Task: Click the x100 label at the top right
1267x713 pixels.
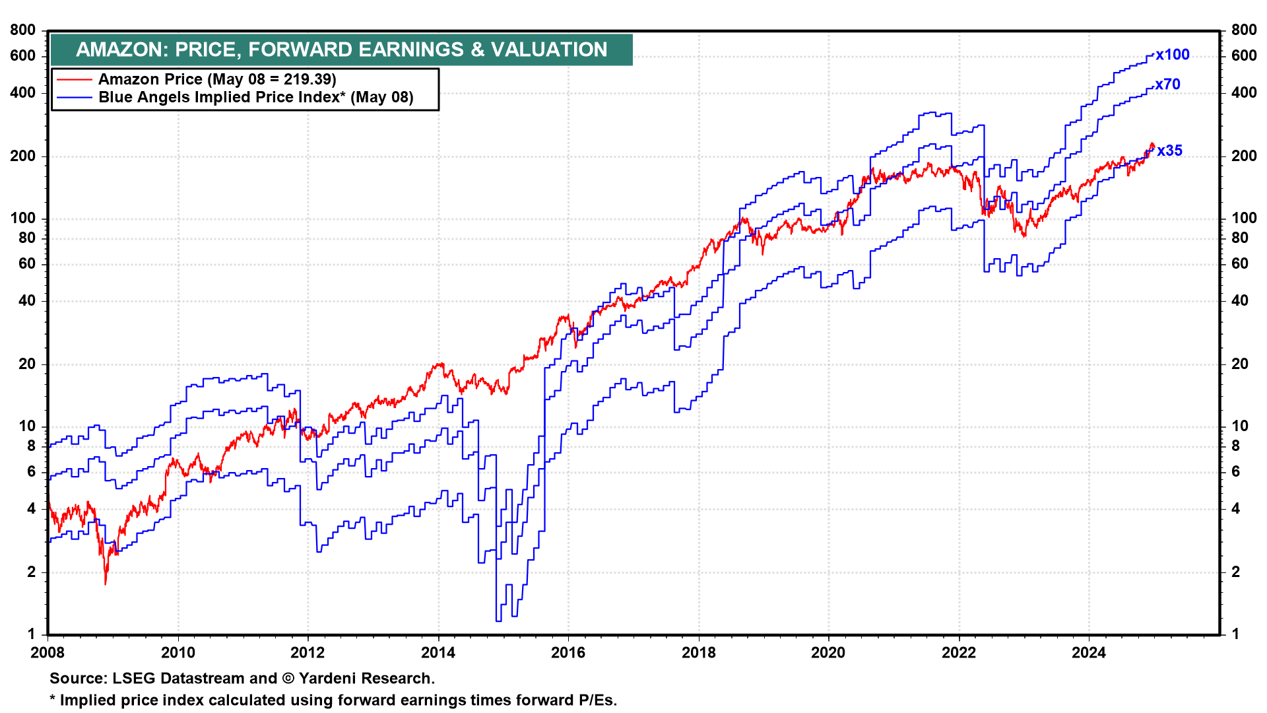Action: [x=1173, y=55]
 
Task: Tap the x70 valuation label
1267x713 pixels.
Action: [x=1167, y=85]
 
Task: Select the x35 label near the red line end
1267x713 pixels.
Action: [x=1170, y=151]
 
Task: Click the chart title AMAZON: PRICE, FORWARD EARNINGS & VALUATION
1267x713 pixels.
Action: [x=342, y=50]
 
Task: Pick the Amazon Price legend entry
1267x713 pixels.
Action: [x=217, y=79]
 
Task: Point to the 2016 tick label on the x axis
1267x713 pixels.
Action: [x=568, y=653]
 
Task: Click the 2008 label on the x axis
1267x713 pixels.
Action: [x=48, y=653]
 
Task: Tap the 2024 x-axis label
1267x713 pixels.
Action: [x=1089, y=653]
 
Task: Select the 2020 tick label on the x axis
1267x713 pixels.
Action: [x=828, y=653]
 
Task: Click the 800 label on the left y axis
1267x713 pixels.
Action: [x=23, y=30]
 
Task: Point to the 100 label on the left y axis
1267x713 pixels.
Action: [x=23, y=218]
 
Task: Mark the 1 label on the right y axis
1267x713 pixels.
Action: [x=1235, y=634]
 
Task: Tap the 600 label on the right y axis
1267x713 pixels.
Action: [x=1244, y=55]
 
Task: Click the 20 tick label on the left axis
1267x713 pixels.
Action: [x=27, y=364]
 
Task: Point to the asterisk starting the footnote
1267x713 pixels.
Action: [x=53, y=698]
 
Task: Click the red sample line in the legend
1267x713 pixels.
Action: [x=74, y=80]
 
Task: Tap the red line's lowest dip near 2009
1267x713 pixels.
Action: [x=106, y=584]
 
